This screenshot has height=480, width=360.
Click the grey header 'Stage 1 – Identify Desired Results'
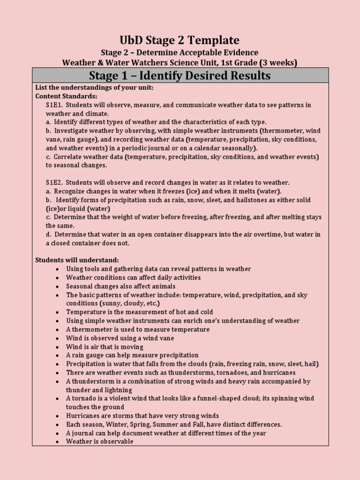tap(180, 75)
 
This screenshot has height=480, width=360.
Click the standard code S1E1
tap(54, 105)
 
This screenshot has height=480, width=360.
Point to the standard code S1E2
tap(54, 182)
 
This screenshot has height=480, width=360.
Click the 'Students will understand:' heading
tap(77, 260)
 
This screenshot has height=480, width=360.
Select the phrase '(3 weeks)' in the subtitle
tap(280, 62)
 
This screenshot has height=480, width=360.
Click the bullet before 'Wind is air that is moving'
tap(57, 347)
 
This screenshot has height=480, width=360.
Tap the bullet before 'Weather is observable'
tap(57, 442)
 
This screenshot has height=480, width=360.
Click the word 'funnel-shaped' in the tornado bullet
tap(205, 398)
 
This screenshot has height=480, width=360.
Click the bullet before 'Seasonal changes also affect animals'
tap(57, 286)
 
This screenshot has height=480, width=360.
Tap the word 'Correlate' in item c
tap(68, 157)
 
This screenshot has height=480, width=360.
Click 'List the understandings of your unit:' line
tap(95, 88)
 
